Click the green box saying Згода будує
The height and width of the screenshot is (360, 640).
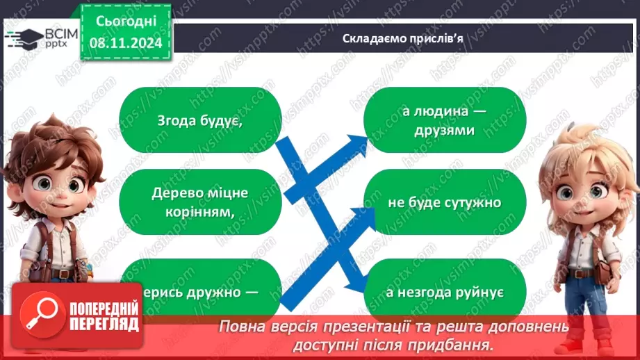[200, 119]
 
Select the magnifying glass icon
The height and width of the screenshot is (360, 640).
[40, 314]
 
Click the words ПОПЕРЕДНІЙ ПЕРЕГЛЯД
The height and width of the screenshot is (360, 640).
[104, 317]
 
